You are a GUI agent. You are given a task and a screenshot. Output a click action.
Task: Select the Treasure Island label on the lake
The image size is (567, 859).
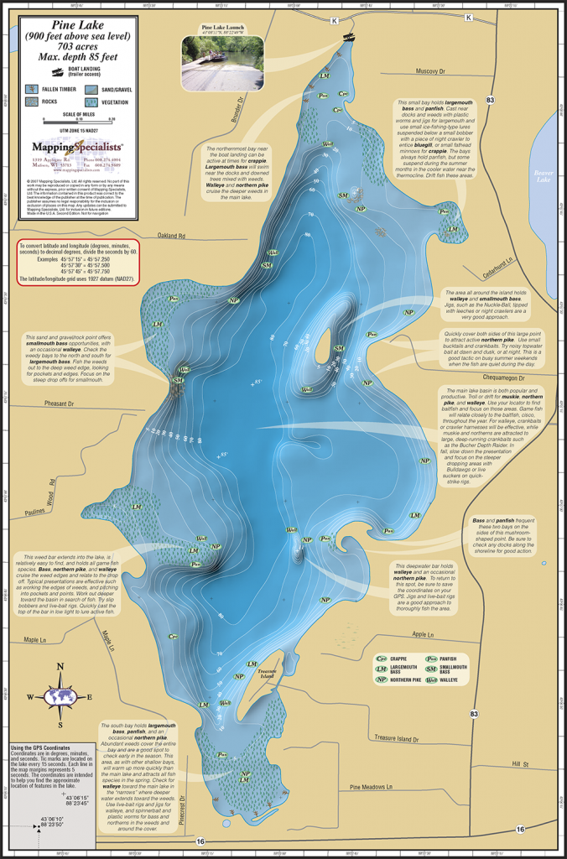pos(267,674)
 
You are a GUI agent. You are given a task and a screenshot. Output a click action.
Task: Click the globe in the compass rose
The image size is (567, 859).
pos(60,696)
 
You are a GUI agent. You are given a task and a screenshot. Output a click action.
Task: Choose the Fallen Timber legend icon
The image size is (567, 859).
pos(33,86)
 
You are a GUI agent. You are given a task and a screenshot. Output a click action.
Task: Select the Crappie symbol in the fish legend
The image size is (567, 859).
pos(382,659)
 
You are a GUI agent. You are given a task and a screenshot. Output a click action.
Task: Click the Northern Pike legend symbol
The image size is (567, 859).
pos(382,679)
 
